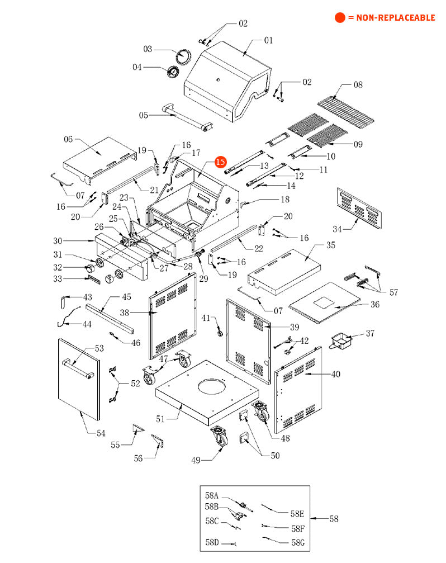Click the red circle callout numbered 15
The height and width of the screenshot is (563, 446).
pyautogui.click(x=221, y=162)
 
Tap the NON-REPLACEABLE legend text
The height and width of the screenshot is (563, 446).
pyautogui.click(x=395, y=17)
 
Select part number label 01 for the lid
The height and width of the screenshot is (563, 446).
pyautogui.click(x=268, y=40)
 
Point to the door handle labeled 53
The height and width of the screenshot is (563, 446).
pyautogui.click(x=78, y=368)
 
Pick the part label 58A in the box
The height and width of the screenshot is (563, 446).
pyautogui.click(x=212, y=495)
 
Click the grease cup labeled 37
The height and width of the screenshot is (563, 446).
pyautogui.click(x=341, y=340)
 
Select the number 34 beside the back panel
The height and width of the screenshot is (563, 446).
pyautogui.click(x=337, y=229)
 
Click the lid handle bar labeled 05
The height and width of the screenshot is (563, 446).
pyautogui.click(x=187, y=117)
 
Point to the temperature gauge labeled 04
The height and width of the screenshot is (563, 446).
pyautogui.click(x=173, y=71)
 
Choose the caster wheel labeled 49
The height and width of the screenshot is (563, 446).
pyautogui.click(x=220, y=436)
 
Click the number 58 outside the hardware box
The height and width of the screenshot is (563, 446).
pyautogui.click(x=334, y=518)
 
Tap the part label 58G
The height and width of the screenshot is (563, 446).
pyautogui.click(x=298, y=542)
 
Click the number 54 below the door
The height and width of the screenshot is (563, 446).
pyautogui.click(x=101, y=433)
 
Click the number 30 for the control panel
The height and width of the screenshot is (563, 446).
pyautogui.click(x=58, y=240)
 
